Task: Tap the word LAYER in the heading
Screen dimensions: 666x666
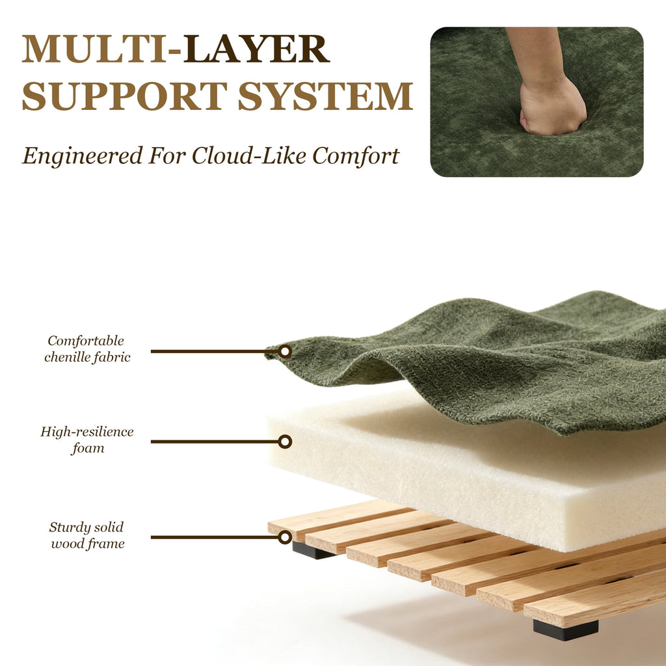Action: [x=256, y=49]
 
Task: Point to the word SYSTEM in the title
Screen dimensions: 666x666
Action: [x=325, y=96]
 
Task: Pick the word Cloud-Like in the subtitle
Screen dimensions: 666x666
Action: [x=248, y=155]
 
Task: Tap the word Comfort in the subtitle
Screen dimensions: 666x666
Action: [x=356, y=156]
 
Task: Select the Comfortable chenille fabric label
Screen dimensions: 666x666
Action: [x=87, y=349]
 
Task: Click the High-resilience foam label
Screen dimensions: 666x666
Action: [x=87, y=440]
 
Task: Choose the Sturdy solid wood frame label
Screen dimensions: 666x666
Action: [x=87, y=535]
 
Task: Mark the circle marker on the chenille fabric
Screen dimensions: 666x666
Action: [x=285, y=351]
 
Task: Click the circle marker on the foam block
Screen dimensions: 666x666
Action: [x=285, y=442]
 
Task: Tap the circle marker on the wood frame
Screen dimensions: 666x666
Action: [x=285, y=537]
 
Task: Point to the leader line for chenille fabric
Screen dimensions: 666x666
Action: [x=215, y=351]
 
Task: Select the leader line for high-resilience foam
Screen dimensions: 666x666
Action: [x=215, y=442]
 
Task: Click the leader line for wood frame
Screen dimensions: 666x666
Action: [x=215, y=537]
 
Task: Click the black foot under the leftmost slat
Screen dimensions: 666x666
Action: [x=312, y=551]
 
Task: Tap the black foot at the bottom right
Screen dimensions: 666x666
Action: [x=566, y=630]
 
